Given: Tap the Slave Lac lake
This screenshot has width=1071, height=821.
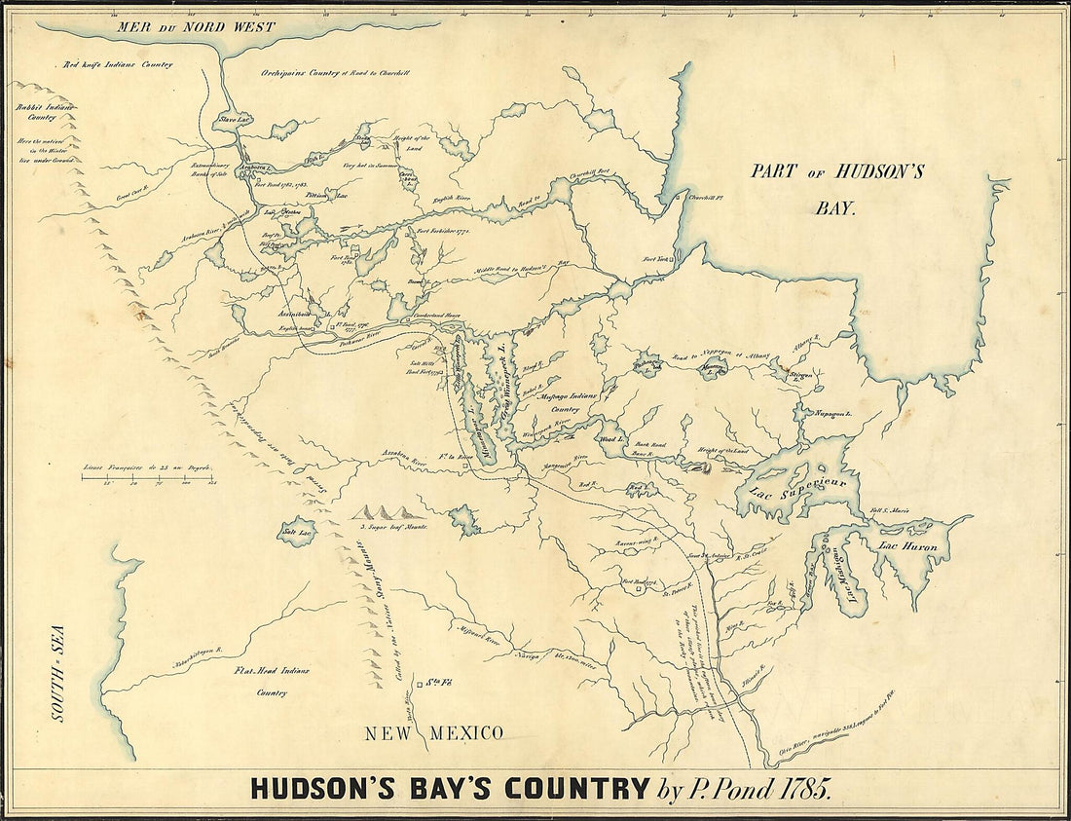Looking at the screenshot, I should coord(237,120).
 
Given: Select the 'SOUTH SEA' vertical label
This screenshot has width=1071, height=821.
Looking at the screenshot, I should coord(57,687).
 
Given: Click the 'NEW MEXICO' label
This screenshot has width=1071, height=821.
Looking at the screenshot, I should coord(434,733).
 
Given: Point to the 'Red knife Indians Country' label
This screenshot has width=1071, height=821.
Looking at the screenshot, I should coord(118,64).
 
